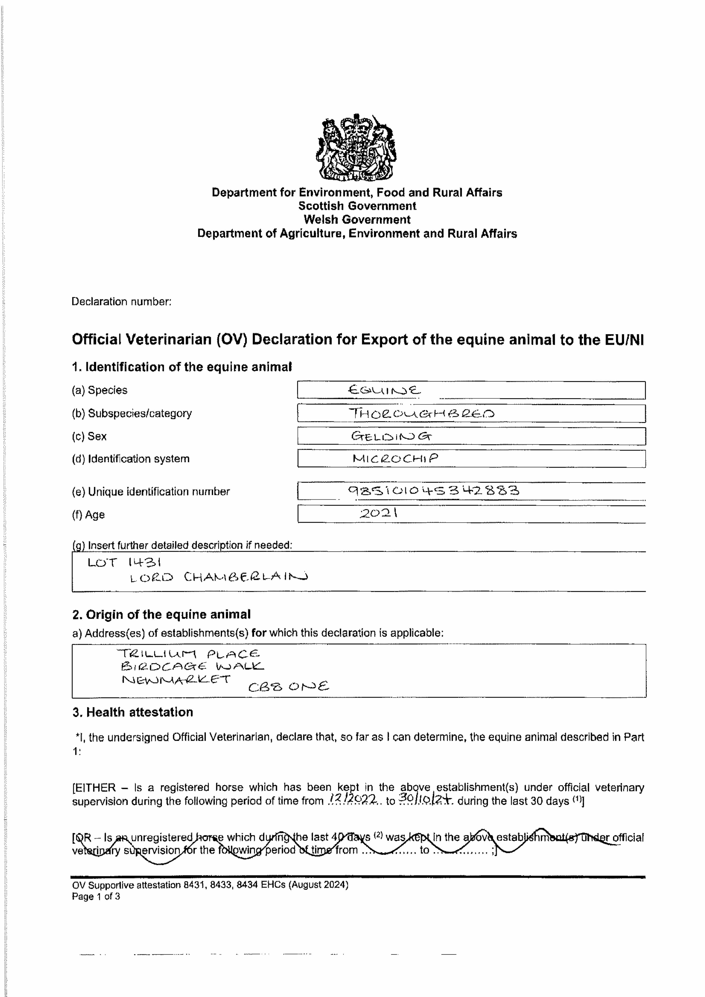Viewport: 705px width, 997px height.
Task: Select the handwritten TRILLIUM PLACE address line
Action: coord(189,653)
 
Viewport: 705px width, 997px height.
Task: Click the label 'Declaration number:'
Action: coord(122,302)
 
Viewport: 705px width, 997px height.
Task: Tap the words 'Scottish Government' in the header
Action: coord(357,206)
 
